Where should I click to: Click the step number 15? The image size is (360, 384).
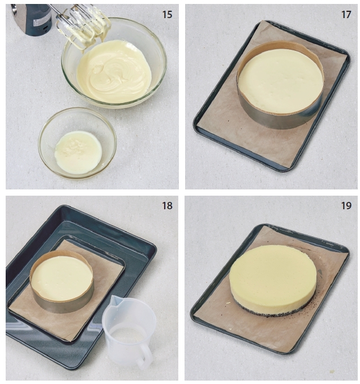click(167, 15)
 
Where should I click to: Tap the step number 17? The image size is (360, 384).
click(346, 15)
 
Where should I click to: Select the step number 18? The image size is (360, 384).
click(167, 205)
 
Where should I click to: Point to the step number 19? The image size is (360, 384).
click(346, 205)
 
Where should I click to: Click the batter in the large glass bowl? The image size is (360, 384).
click(114, 71)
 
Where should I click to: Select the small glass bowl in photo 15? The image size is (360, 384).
click(78, 143)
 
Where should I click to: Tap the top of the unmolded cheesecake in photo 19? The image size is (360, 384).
click(273, 271)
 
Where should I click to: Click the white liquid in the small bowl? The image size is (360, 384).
click(79, 152)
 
